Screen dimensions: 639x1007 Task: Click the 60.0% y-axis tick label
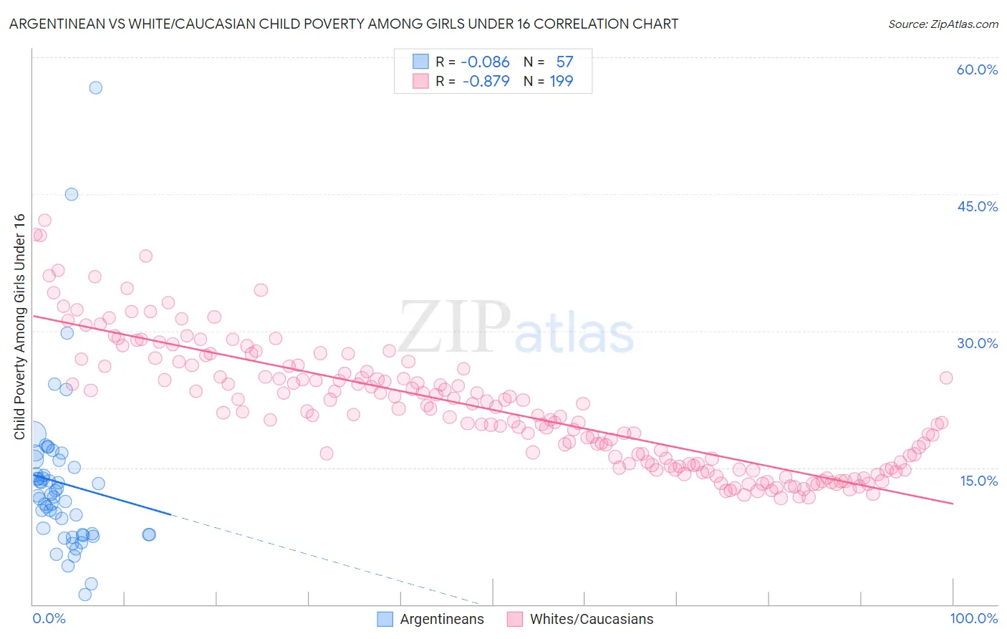977,69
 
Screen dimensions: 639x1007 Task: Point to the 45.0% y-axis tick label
977,206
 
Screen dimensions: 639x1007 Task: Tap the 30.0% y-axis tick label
977,343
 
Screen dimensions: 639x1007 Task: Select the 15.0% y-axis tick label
978,480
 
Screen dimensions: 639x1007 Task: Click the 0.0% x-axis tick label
49,618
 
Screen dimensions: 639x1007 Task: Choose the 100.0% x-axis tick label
973,618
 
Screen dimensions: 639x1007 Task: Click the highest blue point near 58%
95,87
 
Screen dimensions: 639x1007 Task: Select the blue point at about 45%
72,194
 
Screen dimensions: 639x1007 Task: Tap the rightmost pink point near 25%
945,378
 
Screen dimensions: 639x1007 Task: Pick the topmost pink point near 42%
44,221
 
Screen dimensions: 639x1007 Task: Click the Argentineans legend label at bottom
441,620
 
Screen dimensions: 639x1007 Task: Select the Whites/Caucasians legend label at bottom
591,620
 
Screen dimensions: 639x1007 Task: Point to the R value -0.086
485,62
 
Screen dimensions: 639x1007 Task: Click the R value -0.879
486,82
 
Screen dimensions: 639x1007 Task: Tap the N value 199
561,82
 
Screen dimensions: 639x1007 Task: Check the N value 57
564,62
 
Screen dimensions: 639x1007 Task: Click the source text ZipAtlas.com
943,24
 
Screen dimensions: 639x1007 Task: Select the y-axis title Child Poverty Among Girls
19,327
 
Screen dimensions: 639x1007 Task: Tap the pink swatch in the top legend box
420,81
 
